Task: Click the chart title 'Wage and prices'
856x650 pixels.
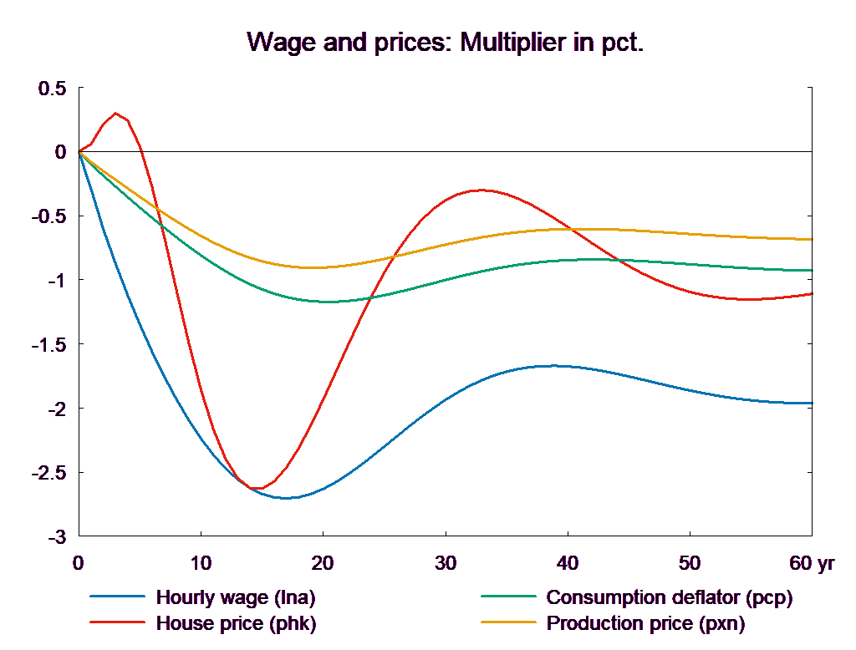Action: pos(446,43)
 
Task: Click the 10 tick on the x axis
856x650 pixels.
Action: pos(201,563)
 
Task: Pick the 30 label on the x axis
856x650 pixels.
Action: pos(446,563)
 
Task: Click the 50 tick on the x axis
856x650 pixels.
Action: pos(690,563)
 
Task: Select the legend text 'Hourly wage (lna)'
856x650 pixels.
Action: pos(236,597)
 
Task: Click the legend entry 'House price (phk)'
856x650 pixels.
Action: pos(237,623)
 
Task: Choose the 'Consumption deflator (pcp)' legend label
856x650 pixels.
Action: pos(669,597)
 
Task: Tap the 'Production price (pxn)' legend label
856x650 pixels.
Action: pos(645,623)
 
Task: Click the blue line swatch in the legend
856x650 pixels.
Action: pos(117,597)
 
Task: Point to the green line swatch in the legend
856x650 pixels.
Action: pos(507,597)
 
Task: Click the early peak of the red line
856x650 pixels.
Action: pos(116,113)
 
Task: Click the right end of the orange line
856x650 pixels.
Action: pos(813,240)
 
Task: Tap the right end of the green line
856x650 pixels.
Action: pos(813,271)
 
